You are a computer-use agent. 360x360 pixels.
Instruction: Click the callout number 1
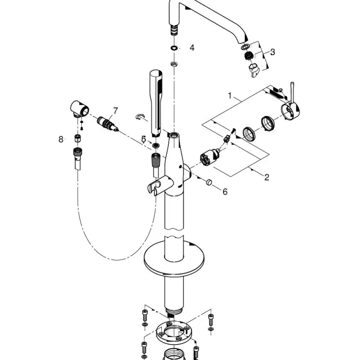230,95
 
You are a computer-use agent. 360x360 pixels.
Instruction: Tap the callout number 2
266,177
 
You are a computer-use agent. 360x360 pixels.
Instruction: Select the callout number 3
273,52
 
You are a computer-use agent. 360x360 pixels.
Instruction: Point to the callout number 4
192,48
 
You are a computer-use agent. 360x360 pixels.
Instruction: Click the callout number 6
224,192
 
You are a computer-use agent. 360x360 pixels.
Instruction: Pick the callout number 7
115,111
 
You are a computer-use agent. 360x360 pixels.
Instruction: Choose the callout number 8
61,139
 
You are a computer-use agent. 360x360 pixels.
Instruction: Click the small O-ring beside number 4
174,48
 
